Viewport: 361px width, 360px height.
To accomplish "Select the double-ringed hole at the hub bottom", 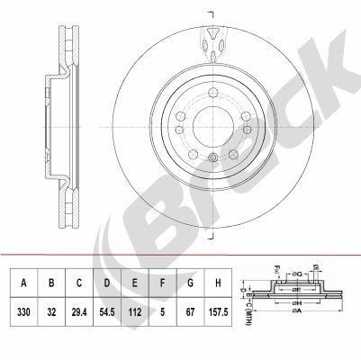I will (211, 159).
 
